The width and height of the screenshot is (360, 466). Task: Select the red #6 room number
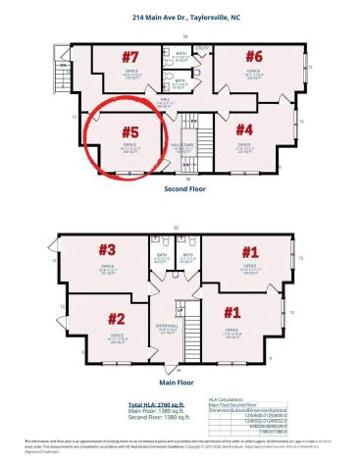[254, 55]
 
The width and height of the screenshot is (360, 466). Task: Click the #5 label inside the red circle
[129, 129]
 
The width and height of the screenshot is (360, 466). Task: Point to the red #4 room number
[243, 129]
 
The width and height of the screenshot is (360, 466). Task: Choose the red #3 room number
[105, 250]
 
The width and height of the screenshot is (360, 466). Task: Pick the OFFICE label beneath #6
[253, 71]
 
